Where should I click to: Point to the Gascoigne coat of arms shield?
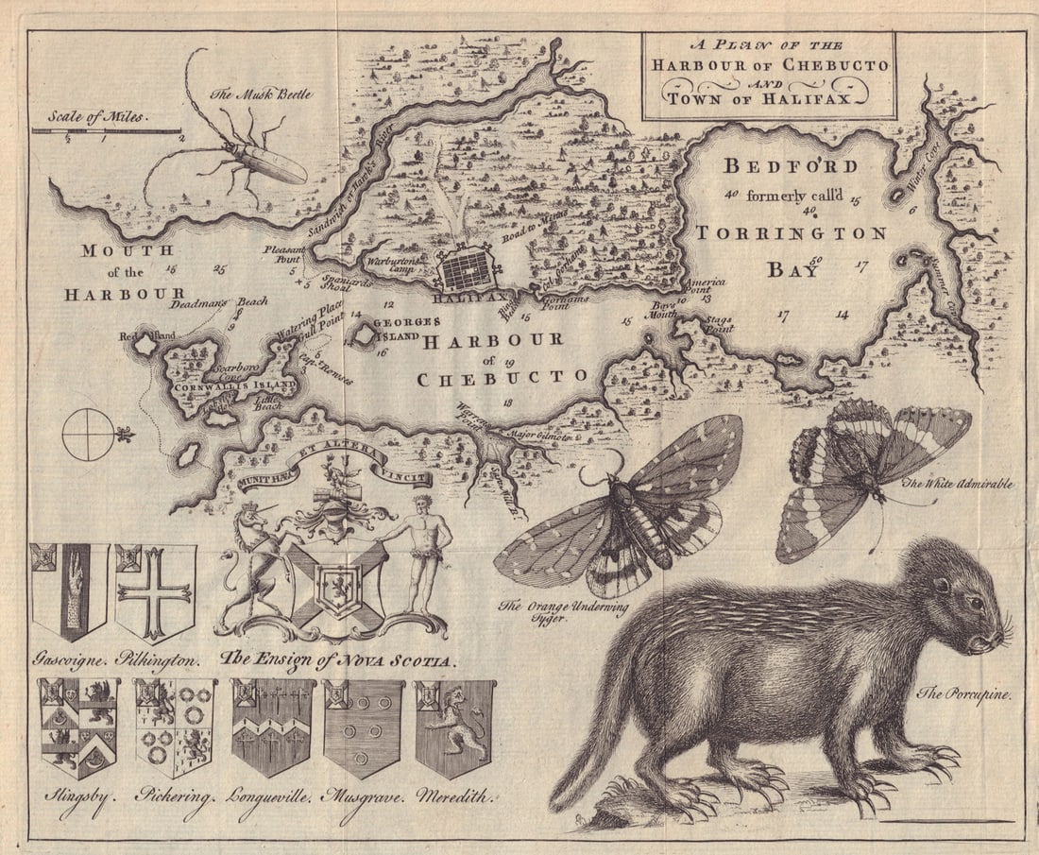point(69,591)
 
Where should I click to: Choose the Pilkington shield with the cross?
point(155,591)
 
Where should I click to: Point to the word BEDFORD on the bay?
point(791,166)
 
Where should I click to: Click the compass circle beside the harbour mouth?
point(87,435)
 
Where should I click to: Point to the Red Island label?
point(142,334)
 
